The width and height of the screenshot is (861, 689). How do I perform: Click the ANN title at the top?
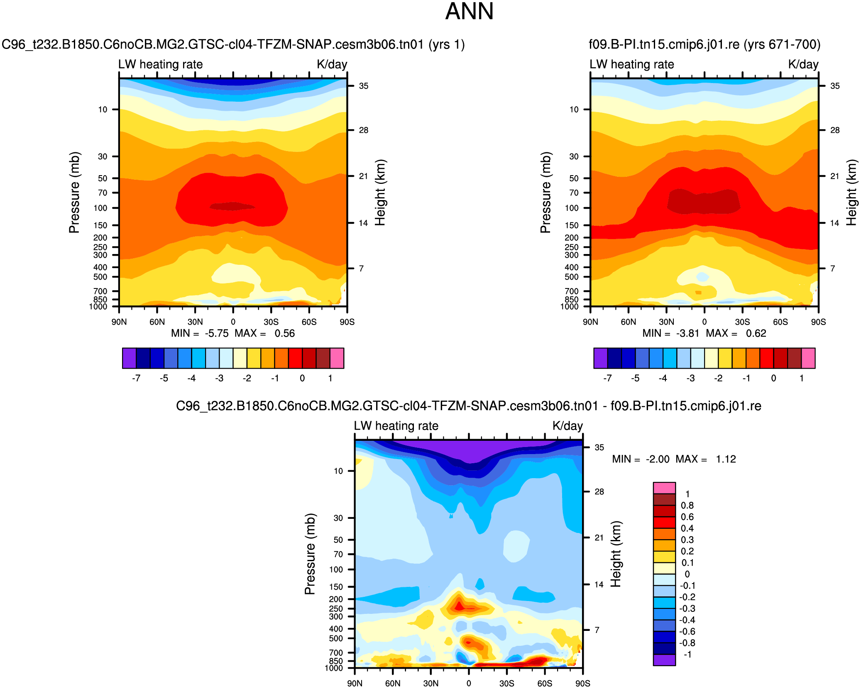469,12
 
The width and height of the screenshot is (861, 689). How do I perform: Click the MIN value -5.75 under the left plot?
216,333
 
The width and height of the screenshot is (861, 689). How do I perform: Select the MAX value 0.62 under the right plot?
756,333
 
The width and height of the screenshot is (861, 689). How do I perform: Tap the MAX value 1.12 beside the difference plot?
726,459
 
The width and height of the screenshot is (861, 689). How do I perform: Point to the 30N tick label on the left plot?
195,322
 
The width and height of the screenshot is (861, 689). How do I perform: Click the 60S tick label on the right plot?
780,322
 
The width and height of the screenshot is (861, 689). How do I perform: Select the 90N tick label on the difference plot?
355,684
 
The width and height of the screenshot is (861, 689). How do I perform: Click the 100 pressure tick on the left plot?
100,208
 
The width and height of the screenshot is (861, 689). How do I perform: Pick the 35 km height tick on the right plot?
835,86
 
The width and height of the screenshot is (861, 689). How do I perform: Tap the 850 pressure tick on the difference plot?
336,661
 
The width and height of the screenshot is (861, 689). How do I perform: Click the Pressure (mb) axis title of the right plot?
545,193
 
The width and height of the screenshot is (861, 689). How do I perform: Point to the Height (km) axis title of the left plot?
380,193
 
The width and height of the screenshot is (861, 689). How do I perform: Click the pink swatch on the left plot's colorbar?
337,358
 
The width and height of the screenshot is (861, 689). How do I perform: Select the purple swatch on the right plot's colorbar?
600,358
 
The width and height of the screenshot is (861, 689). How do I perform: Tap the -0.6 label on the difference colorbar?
687,631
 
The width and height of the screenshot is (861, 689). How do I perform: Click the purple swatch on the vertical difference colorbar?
664,660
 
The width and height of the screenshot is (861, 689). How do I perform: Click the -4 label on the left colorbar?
191,378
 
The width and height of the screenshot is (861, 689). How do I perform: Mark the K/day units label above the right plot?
803,64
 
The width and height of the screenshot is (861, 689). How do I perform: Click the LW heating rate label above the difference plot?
396,426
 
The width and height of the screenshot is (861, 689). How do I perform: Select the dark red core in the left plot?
232,206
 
